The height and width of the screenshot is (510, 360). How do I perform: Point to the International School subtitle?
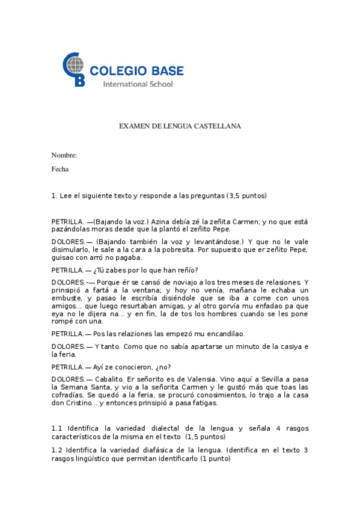[138, 84]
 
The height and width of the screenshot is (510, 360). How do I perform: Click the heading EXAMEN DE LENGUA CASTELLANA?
[180, 126]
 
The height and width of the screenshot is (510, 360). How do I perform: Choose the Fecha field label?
[60, 169]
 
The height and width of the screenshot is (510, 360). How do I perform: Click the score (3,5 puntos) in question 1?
[246, 195]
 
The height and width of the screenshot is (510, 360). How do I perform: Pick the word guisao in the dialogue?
[64, 257]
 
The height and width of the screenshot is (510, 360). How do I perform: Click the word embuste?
[66, 298]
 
